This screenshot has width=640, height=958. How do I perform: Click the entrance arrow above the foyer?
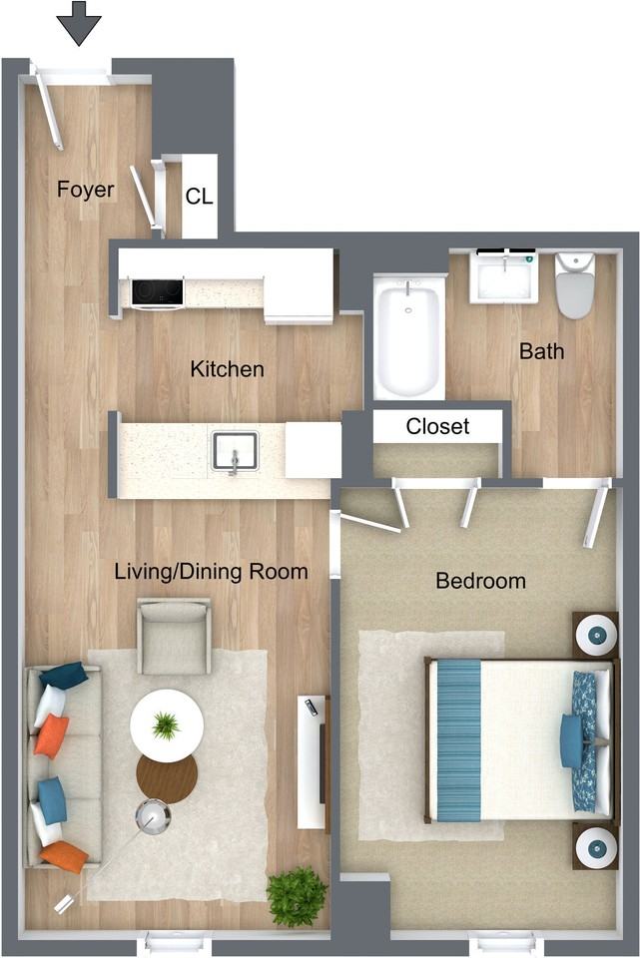[x=79, y=23]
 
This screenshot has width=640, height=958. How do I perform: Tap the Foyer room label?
[x=86, y=190]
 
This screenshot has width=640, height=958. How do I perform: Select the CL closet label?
[x=200, y=197]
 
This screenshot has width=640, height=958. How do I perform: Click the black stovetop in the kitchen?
[x=157, y=291]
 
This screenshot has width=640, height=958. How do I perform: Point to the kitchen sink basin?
[x=235, y=451]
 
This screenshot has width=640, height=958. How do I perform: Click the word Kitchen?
[x=228, y=369]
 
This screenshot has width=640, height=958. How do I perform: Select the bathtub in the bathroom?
[x=409, y=336]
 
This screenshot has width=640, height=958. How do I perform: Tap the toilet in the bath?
[x=574, y=285]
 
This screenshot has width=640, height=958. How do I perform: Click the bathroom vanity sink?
[x=504, y=276]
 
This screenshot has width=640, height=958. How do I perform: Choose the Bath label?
[x=541, y=351]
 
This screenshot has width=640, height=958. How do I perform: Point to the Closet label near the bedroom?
[x=437, y=426]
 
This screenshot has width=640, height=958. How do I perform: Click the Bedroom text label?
[x=481, y=581]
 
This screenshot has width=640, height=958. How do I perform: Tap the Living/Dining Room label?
[x=211, y=572]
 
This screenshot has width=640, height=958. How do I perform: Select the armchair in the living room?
[x=174, y=636]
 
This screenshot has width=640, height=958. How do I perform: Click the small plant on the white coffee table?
[x=166, y=725]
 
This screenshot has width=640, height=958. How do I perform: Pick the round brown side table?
[x=167, y=778]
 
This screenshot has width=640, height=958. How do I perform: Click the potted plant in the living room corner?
[x=297, y=896]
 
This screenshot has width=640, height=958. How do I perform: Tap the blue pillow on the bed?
[x=572, y=740]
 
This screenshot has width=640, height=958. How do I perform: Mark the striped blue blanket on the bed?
[x=459, y=739]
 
